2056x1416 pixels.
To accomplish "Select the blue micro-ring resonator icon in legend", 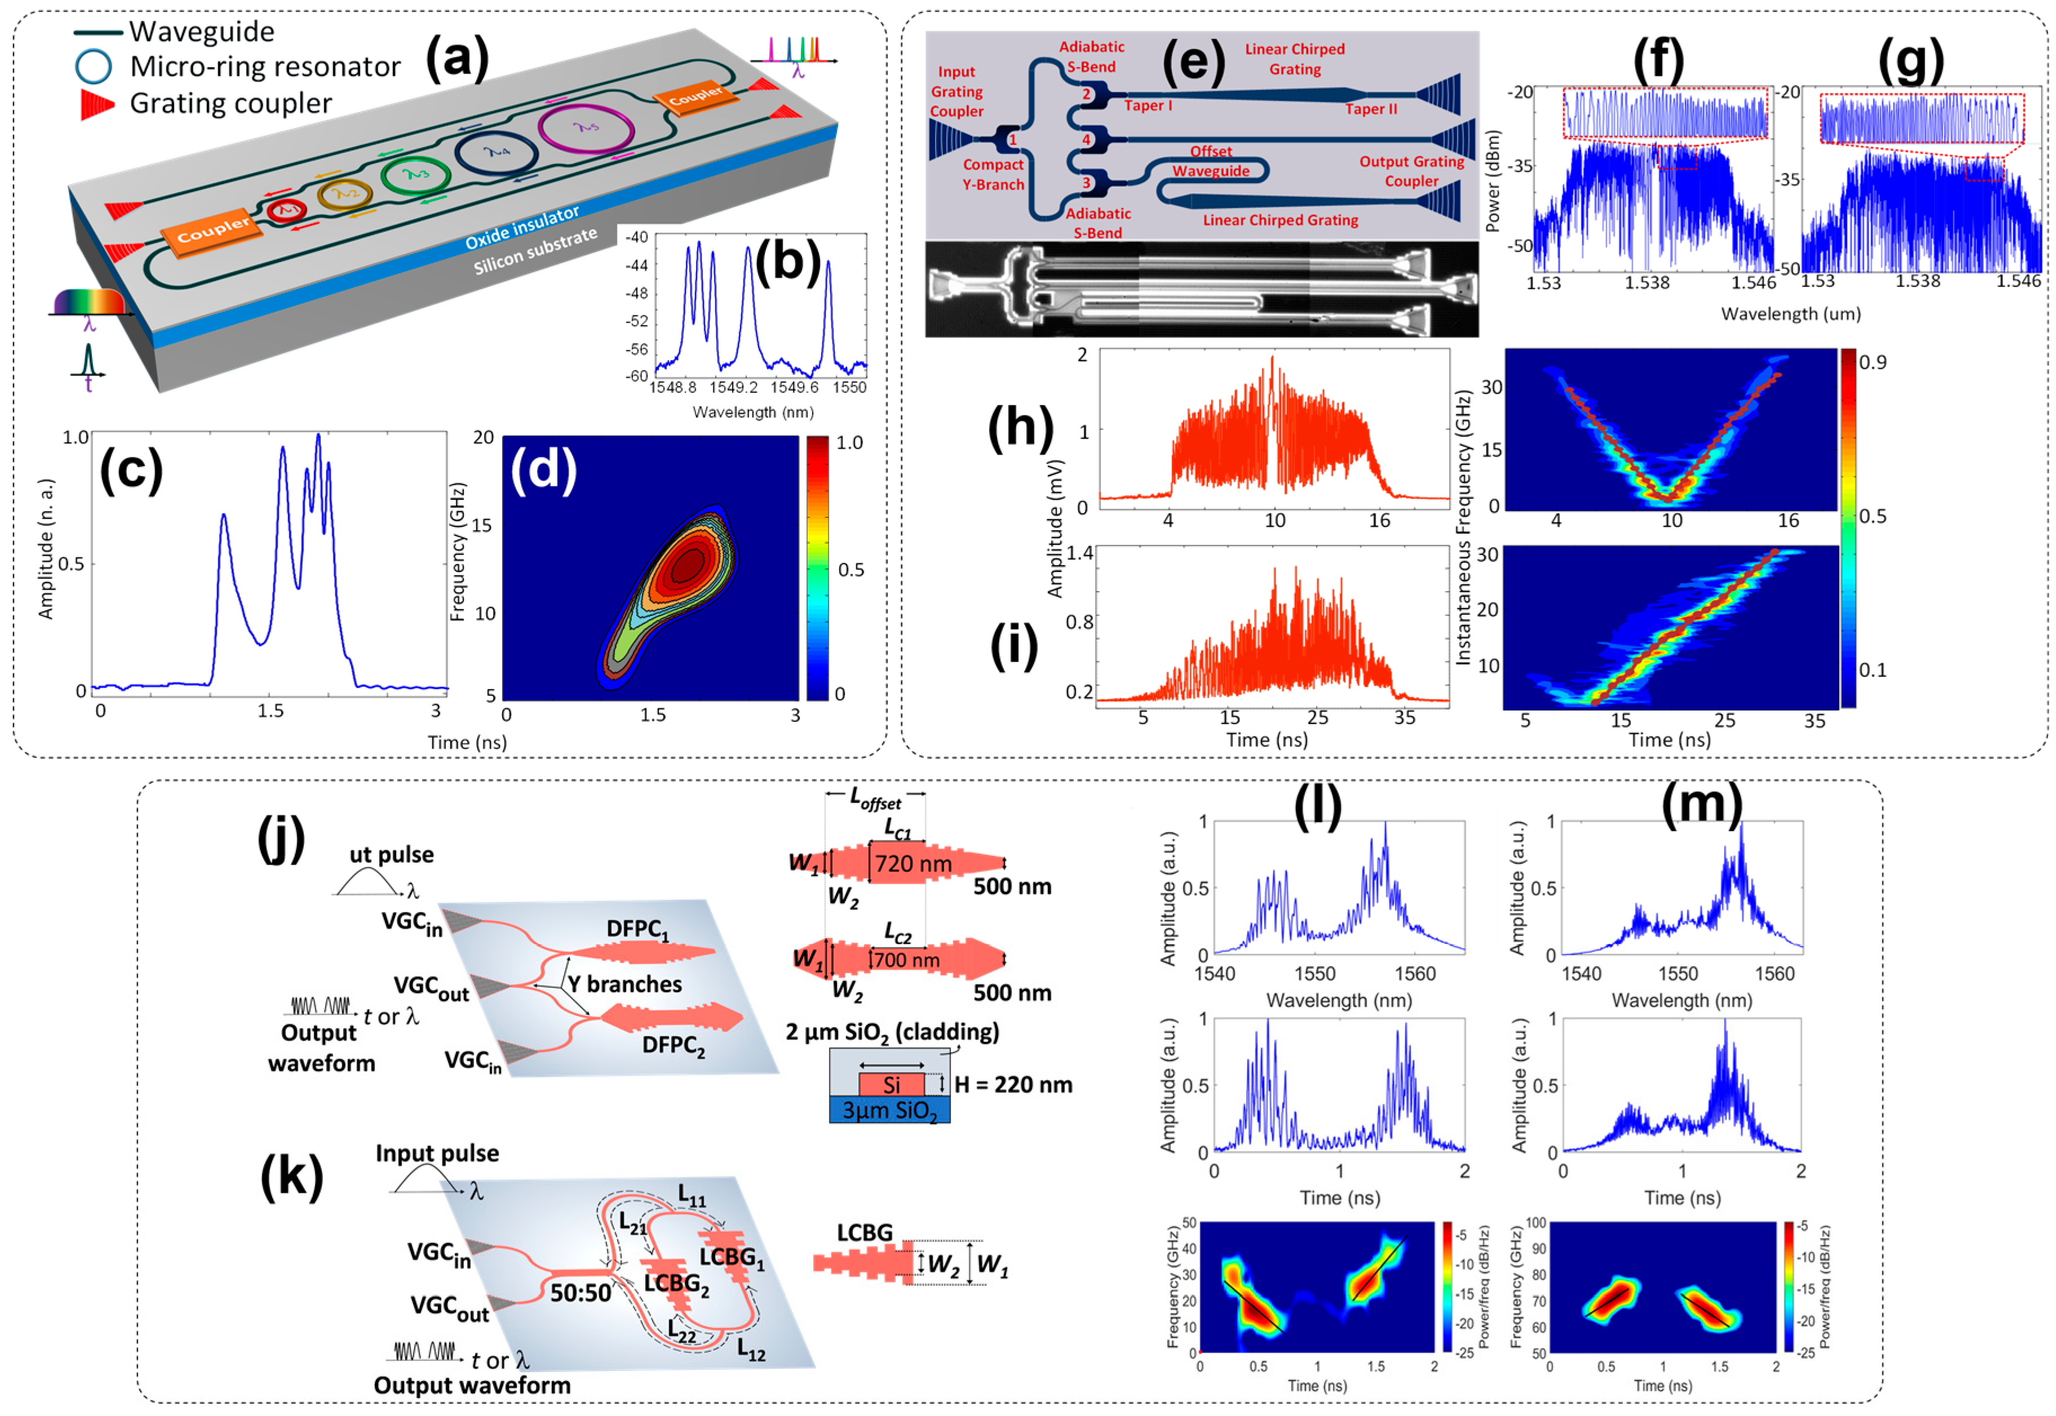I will pos(93,66).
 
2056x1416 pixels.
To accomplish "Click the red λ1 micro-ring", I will pos(287,210).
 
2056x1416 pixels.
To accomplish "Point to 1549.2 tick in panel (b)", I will pos(732,388).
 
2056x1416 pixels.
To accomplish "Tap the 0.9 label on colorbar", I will pos(1872,362).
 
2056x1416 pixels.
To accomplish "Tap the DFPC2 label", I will pos(673,1045).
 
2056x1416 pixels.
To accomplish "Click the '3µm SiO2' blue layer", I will pos(889,1111).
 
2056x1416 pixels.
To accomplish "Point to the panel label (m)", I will pos(1700,803).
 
